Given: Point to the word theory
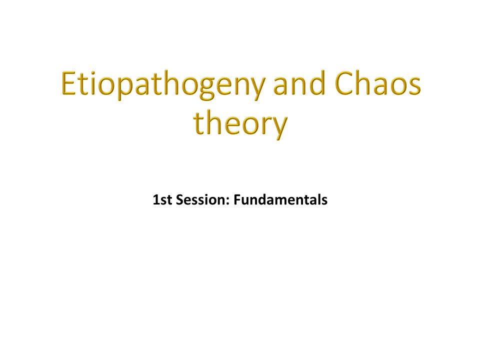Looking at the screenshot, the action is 240,123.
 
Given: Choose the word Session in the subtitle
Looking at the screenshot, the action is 202,199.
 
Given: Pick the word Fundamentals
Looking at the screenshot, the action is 280,199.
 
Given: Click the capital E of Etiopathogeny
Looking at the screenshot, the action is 68,83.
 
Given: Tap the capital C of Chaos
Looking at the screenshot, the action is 344,83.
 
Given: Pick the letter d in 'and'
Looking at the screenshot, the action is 316,82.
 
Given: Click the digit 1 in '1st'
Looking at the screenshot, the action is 156,200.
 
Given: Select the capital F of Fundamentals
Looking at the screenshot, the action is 237,200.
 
